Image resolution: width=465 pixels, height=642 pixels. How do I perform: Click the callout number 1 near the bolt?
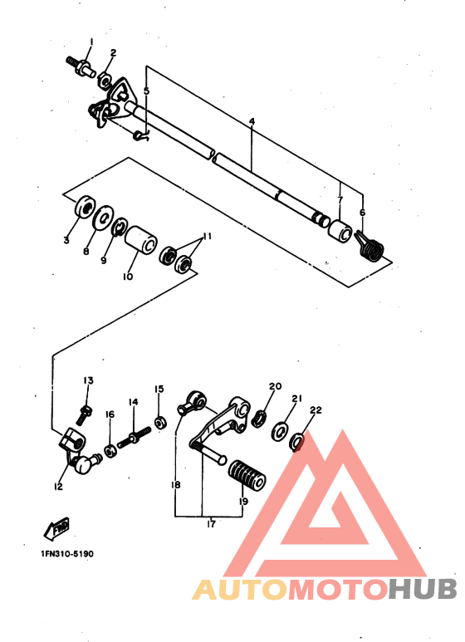(91, 41)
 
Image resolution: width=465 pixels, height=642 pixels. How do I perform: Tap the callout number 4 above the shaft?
(251, 121)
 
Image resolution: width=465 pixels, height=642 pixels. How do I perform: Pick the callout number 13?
(87, 380)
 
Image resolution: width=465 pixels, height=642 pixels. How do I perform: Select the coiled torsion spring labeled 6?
(373, 247)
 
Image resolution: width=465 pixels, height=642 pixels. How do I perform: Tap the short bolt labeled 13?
(85, 411)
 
